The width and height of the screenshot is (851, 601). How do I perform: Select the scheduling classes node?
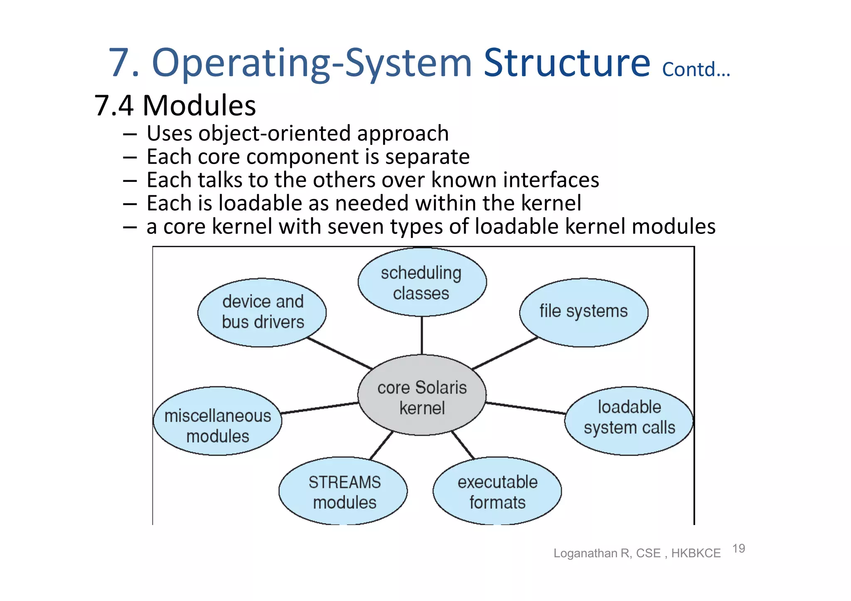click(x=422, y=282)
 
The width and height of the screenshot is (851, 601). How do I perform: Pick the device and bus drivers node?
click(x=262, y=312)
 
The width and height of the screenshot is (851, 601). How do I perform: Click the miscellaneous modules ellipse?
click(x=217, y=421)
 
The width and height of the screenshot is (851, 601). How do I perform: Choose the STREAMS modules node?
click(x=343, y=491)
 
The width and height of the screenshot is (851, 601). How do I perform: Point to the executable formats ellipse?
click(x=497, y=491)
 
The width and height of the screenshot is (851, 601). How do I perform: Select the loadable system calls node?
click(x=629, y=421)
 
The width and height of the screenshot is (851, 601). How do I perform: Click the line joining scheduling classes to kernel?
click(x=422, y=335)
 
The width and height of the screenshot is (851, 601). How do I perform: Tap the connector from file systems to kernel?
click(x=505, y=353)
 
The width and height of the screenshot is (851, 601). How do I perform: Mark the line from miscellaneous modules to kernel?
click(x=320, y=408)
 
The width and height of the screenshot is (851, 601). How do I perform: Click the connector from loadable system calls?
click(x=526, y=408)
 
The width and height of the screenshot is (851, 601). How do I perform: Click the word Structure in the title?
click(x=567, y=63)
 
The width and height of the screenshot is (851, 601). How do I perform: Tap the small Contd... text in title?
click(x=696, y=69)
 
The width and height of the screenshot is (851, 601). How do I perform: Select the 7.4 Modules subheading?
click(x=175, y=105)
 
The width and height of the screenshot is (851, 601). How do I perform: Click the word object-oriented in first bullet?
click(x=275, y=134)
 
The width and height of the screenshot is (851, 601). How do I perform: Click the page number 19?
click(x=738, y=548)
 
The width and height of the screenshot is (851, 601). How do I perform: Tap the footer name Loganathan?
click(x=585, y=553)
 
